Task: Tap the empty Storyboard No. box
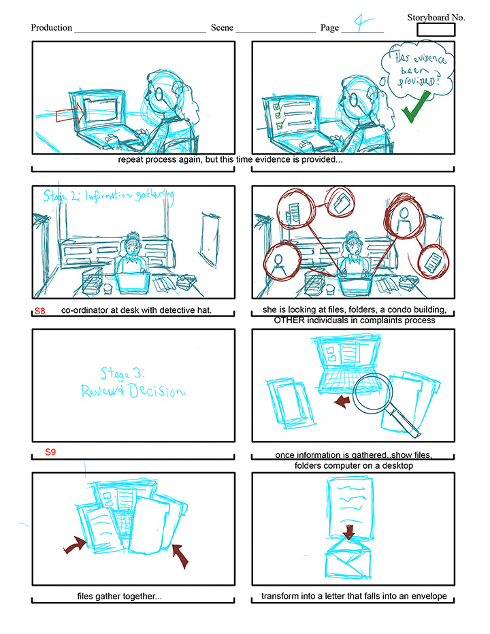click(436, 29)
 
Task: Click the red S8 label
click(39, 311)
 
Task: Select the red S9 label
click(50, 452)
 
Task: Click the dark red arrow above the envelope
click(349, 532)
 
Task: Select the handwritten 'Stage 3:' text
click(122, 373)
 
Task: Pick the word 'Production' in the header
click(52, 27)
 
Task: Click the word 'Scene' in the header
click(222, 27)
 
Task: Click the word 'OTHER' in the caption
click(289, 320)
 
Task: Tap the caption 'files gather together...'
click(119, 597)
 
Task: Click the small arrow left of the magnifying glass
click(342, 401)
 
